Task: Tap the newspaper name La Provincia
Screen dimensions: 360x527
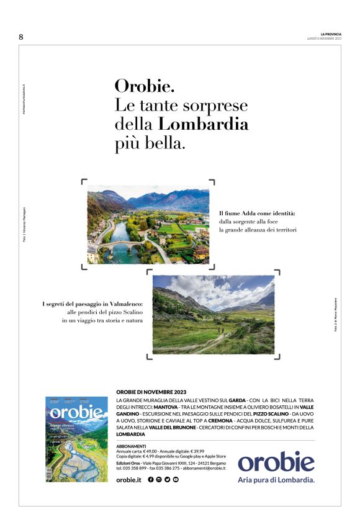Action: point(331,34)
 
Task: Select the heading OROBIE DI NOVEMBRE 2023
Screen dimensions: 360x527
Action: point(151,392)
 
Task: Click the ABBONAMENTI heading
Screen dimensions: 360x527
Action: point(131,446)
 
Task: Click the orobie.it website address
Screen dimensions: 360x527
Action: point(129,480)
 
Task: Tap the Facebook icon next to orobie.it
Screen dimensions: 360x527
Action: point(151,480)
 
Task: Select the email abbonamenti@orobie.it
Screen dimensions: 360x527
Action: point(204,468)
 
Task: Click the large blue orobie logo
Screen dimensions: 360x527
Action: point(276,462)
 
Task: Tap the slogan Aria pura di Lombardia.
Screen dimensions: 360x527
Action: point(276,480)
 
